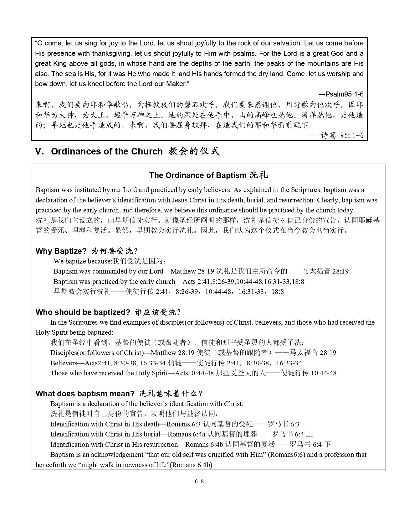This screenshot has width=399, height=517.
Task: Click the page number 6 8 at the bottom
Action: click(x=199, y=481)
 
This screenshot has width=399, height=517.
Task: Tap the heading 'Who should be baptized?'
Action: click(x=83, y=312)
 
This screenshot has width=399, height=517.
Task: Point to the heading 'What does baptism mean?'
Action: click(x=85, y=394)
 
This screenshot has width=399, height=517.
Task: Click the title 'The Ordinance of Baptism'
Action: click(x=198, y=175)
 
